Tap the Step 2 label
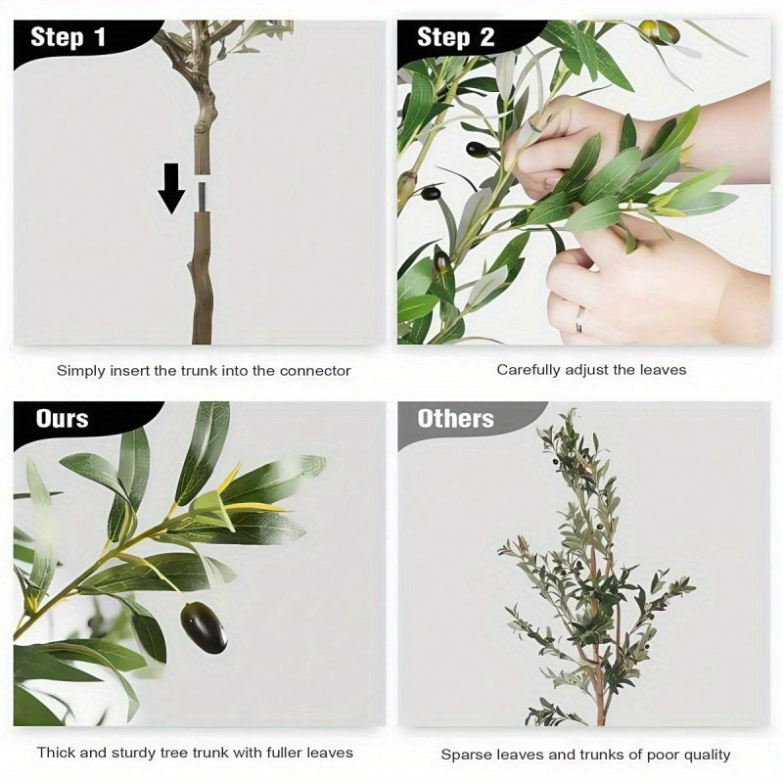point(455,38)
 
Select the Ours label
point(62,419)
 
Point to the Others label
point(455,419)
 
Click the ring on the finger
point(579,317)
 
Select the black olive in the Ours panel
point(204,627)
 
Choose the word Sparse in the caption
point(465,755)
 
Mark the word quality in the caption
point(706,755)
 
